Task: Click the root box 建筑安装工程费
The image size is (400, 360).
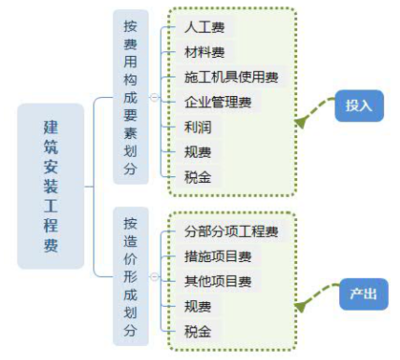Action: pos(49,184)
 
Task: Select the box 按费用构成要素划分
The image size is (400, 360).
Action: pos(129,98)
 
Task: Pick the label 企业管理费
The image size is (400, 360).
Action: pos(217,102)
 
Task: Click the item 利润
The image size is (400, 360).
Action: pos(197,127)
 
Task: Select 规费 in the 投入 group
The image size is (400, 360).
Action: pos(197,152)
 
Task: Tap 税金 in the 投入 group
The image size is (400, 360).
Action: pos(197,177)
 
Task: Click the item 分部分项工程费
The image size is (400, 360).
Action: pos(231,231)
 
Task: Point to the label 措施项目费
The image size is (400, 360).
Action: pos(217,256)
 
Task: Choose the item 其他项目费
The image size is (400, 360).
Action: pos(217,281)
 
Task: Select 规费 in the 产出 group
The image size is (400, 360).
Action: pos(197,306)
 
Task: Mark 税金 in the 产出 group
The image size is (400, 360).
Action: pos(197,331)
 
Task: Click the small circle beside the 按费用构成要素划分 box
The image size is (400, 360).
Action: pos(153,98)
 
